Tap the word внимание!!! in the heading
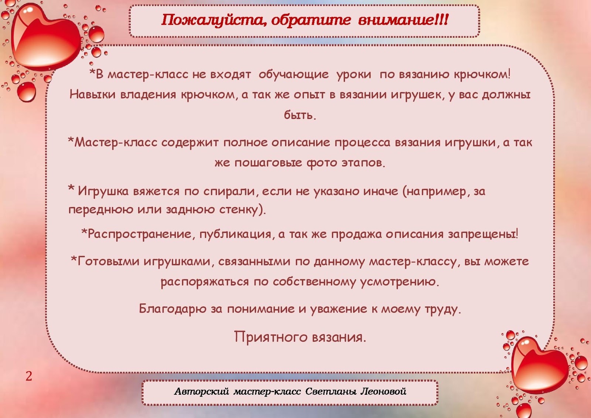403,20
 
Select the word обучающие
293,75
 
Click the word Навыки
93,95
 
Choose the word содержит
190,143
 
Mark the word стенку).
243,210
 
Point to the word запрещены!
483,234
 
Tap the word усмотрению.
399,282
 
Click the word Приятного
271,337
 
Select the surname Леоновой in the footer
383,391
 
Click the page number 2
29,376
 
